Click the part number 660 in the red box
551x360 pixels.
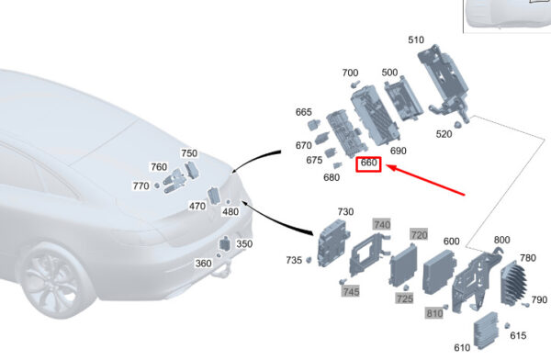click(x=368, y=163)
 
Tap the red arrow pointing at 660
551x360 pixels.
click(x=425, y=179)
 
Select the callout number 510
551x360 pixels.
click(x=416, y=40)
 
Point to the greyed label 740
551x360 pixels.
click(x=382, y=224)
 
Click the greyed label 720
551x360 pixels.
click(x=419, y=234)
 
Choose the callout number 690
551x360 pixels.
click(x=399, y=151)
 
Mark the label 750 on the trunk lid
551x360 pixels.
click(x=189, y=153)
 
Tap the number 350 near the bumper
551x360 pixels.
click(x=244, y=244)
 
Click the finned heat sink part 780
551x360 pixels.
click(x=513, y=283)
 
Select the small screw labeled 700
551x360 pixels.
click(x=355, y=84)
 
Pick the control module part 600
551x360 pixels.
click(x=439, y=272)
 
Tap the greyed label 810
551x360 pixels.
click(x=434, y=313)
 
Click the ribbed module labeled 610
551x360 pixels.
click(x=486, y=329)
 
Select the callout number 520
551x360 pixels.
click(x=444, y=134)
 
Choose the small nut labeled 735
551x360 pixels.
click(x=309, y=260)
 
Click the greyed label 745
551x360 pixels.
click(x=351, y=291)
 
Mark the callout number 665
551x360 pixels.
click(x=304, y=112)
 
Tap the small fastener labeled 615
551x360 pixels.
click(x=507, y=326)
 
